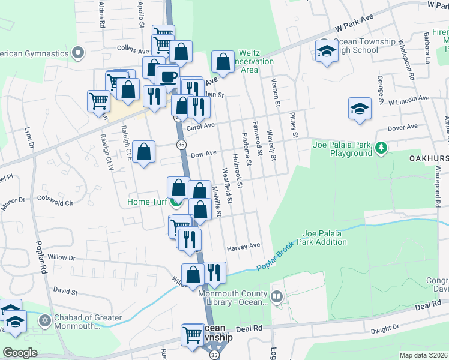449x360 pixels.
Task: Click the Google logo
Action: [20, 353]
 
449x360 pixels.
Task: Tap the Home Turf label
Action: [147, 202]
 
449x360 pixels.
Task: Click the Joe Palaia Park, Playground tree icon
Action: [380, 147]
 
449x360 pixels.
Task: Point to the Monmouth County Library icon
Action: [276, 296]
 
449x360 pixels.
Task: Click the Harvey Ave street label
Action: [243, 246]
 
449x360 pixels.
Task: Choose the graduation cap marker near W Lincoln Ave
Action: [360, 109]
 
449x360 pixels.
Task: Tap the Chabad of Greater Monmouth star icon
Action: [44, 322]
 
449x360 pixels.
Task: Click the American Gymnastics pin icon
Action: [77, 53]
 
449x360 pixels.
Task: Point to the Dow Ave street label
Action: [203, 154]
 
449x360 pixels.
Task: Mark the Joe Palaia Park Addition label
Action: [325, 238]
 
